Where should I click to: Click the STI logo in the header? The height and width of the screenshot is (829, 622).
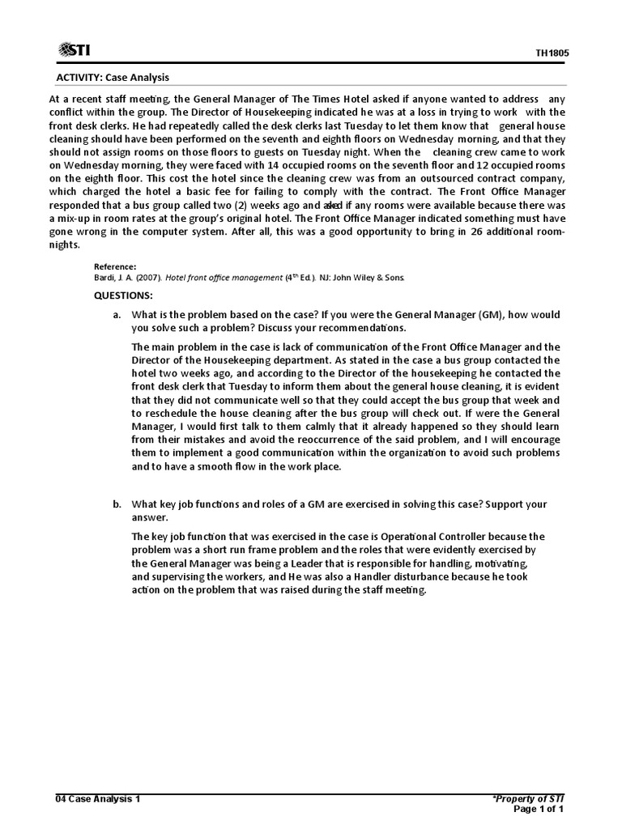[x=74, y=51]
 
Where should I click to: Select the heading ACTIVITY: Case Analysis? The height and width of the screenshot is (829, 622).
[x=113, y=78]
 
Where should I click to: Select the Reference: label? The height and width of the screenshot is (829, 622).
[x=115, y=266]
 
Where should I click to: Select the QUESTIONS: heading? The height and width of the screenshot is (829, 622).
[x=123, y=296]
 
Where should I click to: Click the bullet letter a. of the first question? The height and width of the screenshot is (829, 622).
[x=117, y=314]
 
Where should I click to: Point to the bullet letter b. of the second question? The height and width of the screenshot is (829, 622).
[x=117, y=504]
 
